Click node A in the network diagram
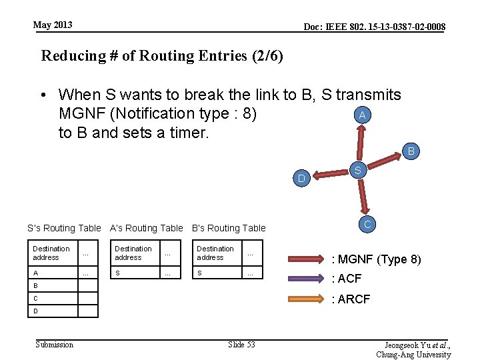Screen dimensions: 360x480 point(361,115)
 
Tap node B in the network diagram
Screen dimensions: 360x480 point(411,151)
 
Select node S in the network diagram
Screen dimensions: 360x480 point(358,171)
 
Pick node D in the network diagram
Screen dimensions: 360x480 point(301,179)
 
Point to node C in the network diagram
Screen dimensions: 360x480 point(367,224)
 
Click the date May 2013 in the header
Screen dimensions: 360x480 point(53,25)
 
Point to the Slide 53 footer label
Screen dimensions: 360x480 point(241,344)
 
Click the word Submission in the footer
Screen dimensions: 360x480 point(55,344)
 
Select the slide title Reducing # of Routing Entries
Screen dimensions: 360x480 point(162,55)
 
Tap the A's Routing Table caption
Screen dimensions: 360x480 point(146,228)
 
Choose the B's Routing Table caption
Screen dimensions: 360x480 point(229,228)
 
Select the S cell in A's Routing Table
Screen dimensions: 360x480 point(118,273)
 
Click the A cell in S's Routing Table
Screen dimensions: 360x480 point(36,273)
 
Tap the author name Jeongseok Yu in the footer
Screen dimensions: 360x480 point(414,345)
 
